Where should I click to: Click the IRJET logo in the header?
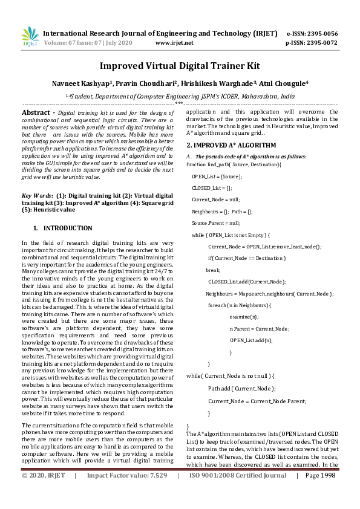tap(29, 36)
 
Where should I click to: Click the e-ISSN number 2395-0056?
tap(321, 33)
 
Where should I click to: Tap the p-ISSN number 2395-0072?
tap(321, 43)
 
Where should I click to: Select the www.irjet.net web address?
tap(174, 43)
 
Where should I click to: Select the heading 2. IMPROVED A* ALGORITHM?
tap(231, 146)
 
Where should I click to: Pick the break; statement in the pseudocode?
tap(213, 270)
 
